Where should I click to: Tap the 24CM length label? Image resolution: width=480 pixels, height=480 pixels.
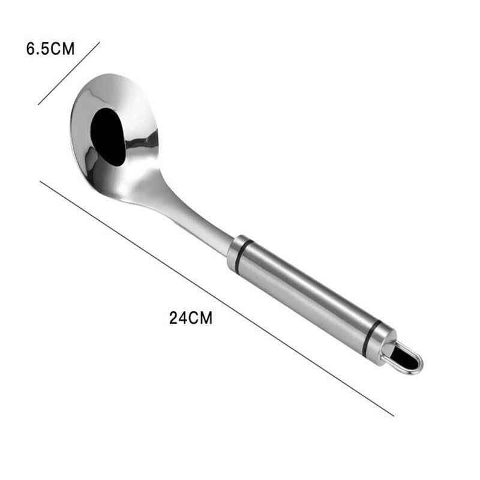click(x=191, y=318)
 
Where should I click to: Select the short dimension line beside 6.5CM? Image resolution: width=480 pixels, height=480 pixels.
click(x=69, y=73)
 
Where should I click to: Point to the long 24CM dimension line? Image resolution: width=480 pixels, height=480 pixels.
click(x=216, y=298)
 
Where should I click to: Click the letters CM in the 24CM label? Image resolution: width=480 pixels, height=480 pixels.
click(x=200, y=318)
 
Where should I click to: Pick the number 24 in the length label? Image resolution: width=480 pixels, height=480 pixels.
click(x=178, y=318)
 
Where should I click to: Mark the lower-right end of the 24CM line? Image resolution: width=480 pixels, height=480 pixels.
click(x=393, y=415)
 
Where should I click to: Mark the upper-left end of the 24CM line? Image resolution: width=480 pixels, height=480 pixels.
click(x=41, y=181)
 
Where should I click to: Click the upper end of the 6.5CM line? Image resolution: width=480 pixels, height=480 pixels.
click(x=99, y=43)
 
